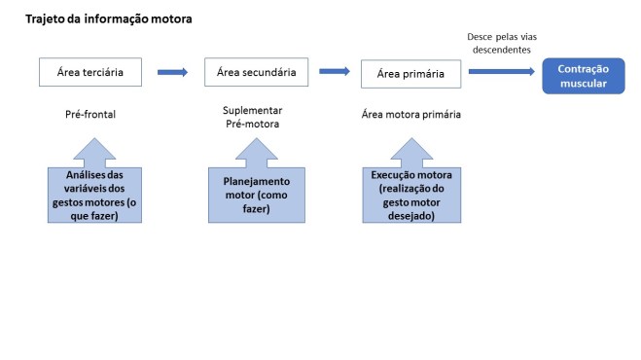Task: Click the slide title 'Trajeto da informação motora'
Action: (x=108, y=18)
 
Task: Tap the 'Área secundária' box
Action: (x=256, y=71)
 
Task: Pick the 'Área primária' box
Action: (x=410, y=73)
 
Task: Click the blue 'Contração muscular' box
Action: (x=582, y=76)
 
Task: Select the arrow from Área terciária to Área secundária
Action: (x=172, y=71)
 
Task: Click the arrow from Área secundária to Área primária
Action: (x=334, y=70)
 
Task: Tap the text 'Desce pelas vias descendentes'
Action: (x=501, y=44)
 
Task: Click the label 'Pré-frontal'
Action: (x=90, y=115)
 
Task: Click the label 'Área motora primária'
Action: (x=410, y=115)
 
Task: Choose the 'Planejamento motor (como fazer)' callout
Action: (x=257, y=195)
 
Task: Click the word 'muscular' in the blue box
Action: (x=582, y=84)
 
